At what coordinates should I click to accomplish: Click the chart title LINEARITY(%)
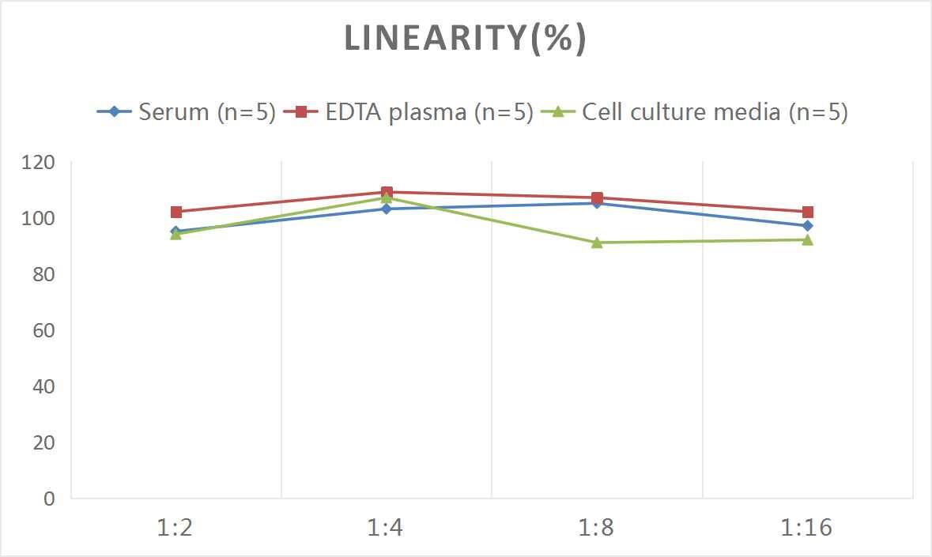tap(465, 39)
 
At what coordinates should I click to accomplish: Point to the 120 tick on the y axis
tap(39, 162)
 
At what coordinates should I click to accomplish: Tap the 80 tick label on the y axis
tap(43, 274)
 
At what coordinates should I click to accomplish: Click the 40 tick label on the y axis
tap(43, 386)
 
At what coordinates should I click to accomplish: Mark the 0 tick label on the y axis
tap(50, 499)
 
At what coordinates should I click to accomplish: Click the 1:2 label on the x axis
tap(175, 528)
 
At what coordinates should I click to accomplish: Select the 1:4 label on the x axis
tap(386, 528)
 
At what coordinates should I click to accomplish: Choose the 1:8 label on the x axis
tap(597, 528)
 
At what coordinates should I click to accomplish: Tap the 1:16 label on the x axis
tap(807, 528)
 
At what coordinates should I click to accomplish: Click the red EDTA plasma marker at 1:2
tap(175, 212)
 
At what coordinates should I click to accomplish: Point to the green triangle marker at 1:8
tap(597, 243)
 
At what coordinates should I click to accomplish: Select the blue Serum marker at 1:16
tap(807, 226)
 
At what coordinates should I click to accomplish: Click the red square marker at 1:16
tap(807, 212)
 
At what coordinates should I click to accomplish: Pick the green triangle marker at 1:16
tap(807, 239)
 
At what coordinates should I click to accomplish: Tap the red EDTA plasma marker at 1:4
tap(387, 192)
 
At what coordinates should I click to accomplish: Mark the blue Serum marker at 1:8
tap(597, 204)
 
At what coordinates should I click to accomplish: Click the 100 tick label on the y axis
tap(39, 218)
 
